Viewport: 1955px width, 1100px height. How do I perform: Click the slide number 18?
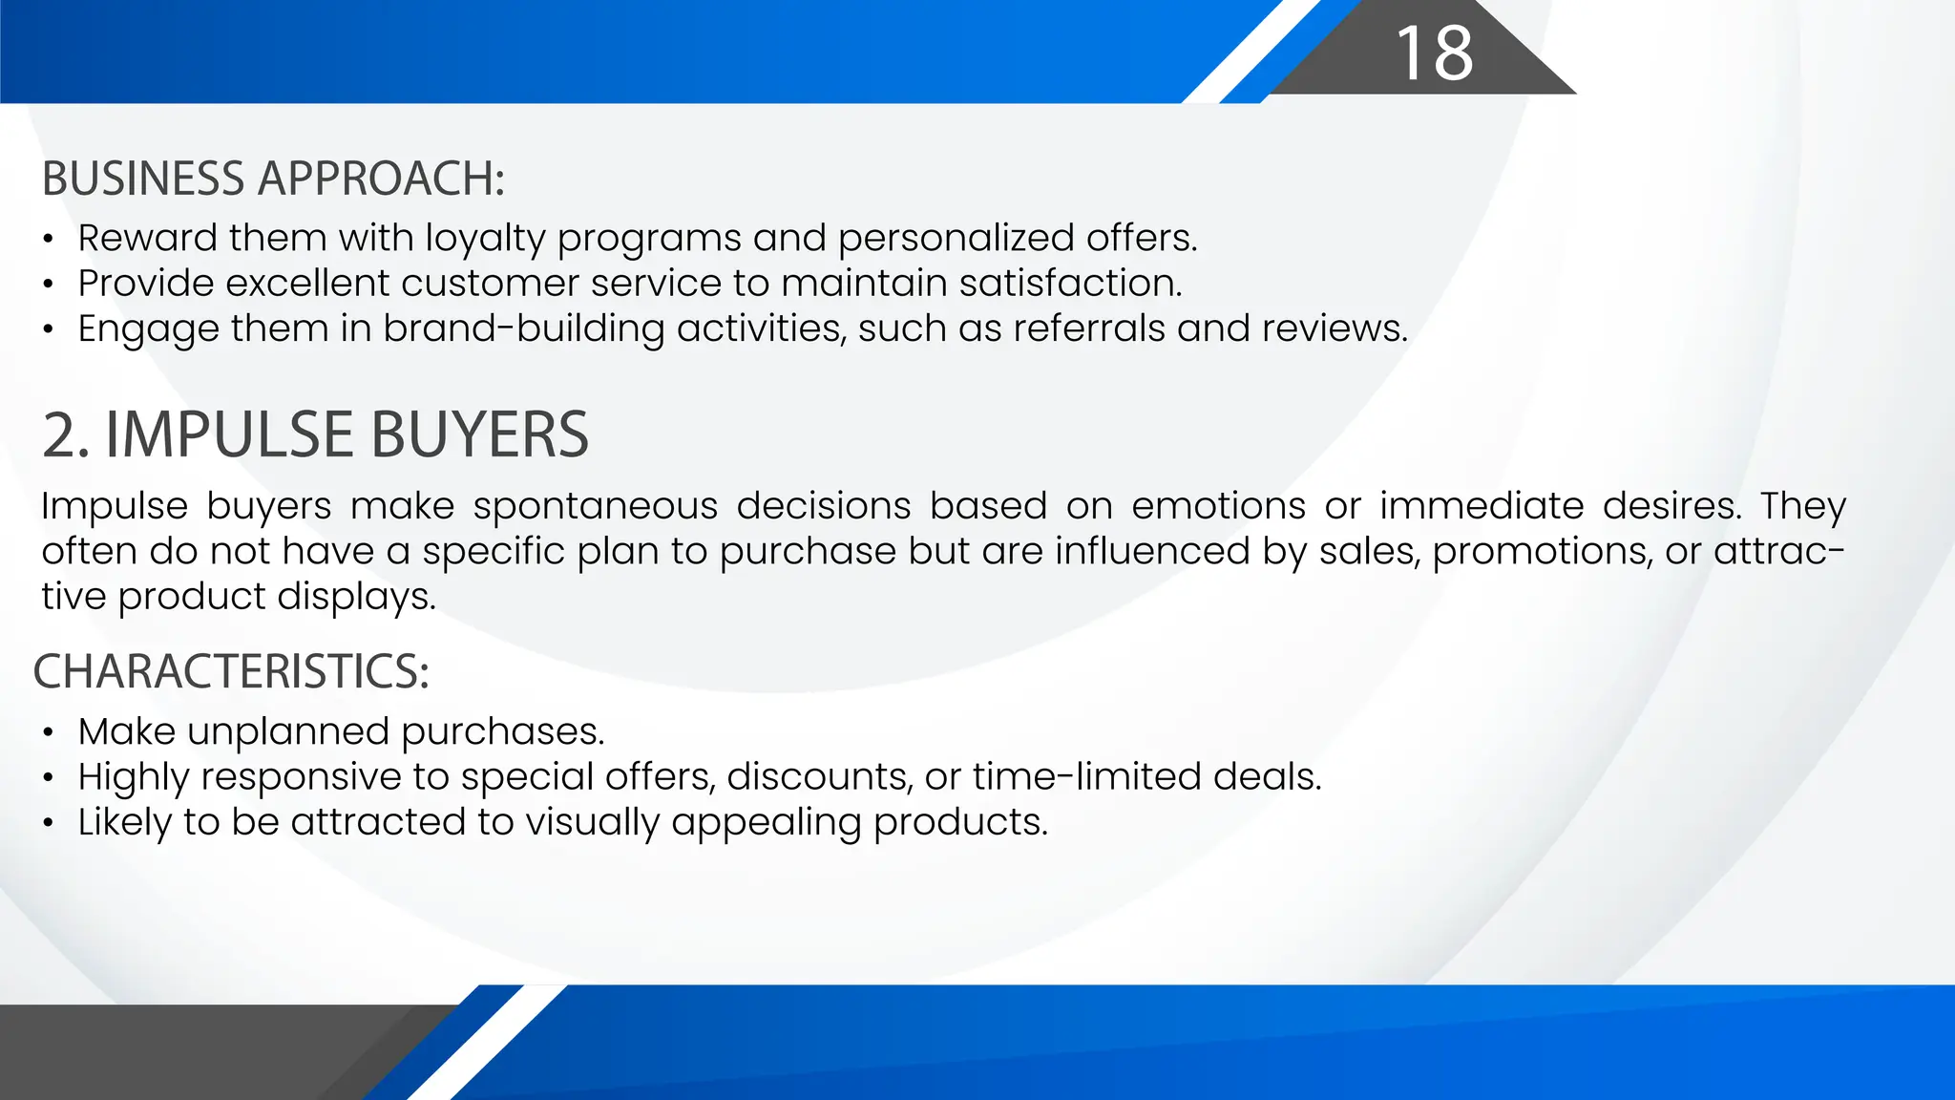pyautogui.click(x=1435, y=53)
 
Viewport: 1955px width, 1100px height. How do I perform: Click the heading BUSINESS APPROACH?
pyautogui.click(x=273, y=180)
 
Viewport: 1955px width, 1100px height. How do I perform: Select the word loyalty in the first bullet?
pyautogui.click(x=485, y=239)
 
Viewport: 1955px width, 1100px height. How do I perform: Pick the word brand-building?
pyautogui.click(x=524, y=328)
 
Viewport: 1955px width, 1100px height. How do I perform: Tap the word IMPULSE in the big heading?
pyautogui.click(x=231, y=435)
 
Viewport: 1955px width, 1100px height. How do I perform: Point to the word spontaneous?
pyautogui.click(x=596, y=506)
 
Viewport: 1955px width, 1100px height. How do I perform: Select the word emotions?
pyautogui.click(x=1218, y=506)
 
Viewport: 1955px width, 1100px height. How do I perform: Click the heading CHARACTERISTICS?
pyautogui.click(x=231, y=671)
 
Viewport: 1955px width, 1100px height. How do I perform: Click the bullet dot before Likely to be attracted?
pyautogui.click(x=48, y=823)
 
